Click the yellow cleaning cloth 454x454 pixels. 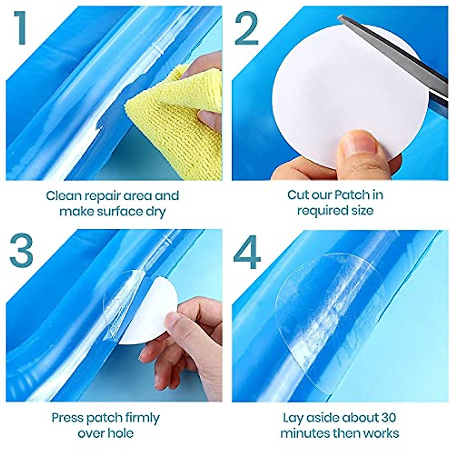(x=170, y=125)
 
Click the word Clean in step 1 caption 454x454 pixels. (x=64, y=196)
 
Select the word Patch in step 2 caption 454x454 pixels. (x=350, y=195)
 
